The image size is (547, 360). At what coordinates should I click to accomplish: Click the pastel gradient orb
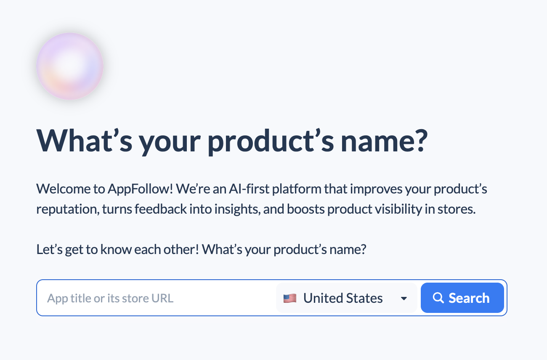(x=70, y=66)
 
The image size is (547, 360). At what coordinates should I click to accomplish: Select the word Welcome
(x=64, y=189)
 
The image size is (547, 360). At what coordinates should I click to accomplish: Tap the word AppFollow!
(x=141, y=189)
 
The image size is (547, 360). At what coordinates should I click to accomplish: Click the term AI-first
(x=249, y=189)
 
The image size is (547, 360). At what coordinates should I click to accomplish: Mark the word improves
(x=376, y=189)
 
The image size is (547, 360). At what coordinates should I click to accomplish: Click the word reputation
(x=68, y=209)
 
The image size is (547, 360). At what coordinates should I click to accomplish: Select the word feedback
(x=161, y=209)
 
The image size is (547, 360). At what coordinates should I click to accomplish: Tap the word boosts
(x=305, y=209)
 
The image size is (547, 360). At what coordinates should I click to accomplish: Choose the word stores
(x=457, y=209)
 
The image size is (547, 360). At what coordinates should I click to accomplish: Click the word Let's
(x=49, y=249)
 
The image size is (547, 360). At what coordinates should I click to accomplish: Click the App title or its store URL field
(x=156, y=298)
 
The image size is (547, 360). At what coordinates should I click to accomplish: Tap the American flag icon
(x=290, y=298)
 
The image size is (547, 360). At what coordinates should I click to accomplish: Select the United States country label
(x=343, y=298)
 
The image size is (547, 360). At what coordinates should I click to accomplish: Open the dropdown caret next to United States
(x=404, y=299)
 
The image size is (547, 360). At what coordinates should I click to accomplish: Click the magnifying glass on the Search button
(x=438, y=298)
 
